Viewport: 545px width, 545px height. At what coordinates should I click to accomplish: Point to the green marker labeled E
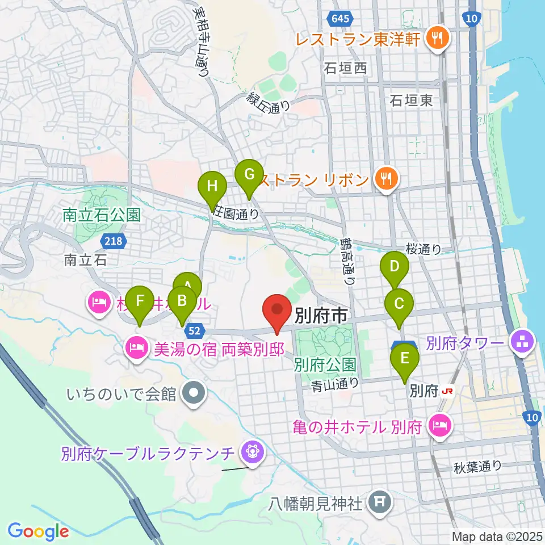[x=405, y=359]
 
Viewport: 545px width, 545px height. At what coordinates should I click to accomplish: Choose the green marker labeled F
[x=140, y=301]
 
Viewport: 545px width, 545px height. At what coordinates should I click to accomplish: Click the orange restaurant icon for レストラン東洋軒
[x=438, y=38]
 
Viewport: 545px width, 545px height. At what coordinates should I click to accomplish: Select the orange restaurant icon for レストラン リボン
[x=386, y=179]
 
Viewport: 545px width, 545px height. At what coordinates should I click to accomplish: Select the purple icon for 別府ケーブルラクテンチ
[x=250, y=452]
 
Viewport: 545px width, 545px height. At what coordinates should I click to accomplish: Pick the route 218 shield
[x=112, y=242]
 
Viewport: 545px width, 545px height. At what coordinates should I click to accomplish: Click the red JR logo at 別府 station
[x=448, y=391]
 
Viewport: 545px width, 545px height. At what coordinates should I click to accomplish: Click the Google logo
[x=38, y=531]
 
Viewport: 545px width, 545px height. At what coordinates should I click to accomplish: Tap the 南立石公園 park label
[x=102, y=215]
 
